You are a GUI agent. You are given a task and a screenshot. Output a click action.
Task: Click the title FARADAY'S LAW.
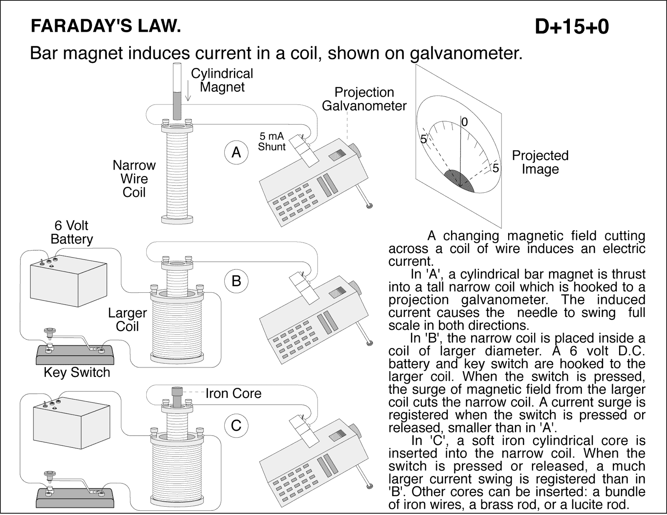point(106,26)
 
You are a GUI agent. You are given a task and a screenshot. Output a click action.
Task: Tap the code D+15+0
point(572,27)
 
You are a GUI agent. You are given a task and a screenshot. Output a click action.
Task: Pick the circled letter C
point(236,425)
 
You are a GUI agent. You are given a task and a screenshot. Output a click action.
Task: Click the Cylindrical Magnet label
point(222,80)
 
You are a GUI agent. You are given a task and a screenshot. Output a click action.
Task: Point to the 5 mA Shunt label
point(271,141)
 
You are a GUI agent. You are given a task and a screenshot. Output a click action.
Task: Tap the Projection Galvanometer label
point(364,99)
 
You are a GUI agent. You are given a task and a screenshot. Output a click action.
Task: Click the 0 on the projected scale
point(465,122)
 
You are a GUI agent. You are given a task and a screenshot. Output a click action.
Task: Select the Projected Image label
point(540,162)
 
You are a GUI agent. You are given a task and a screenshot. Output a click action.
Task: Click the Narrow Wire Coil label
point(134,179)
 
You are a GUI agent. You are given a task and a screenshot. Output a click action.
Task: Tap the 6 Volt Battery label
point(71,232)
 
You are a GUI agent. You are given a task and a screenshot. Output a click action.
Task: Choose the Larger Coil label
point(127,319)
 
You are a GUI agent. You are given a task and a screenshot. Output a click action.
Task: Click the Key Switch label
point(77,372)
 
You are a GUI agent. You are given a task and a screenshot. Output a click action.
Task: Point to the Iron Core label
point(233,393)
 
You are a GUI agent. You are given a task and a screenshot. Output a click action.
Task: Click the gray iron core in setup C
point(177,396)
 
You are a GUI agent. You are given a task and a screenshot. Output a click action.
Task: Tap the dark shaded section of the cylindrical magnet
point(177,107)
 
